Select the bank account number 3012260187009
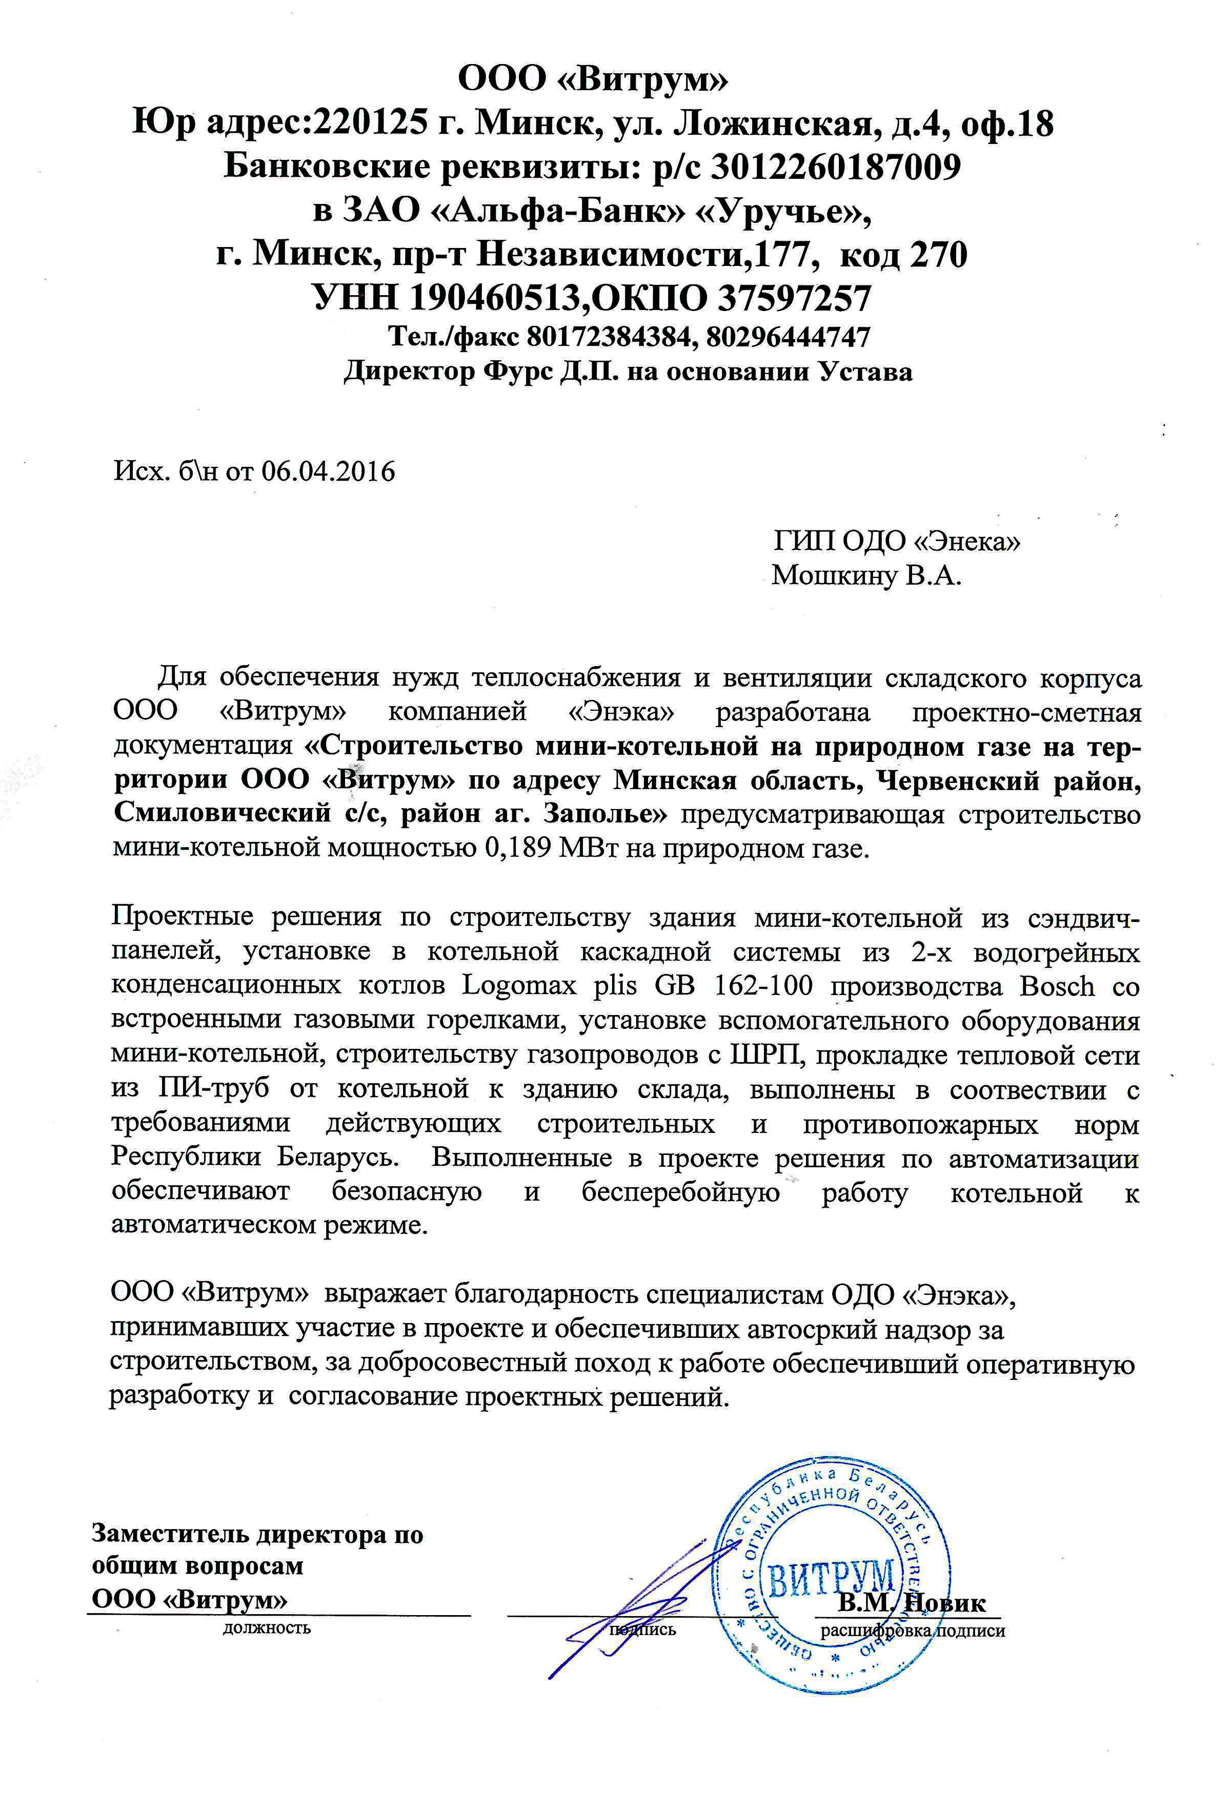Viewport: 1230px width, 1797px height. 836,167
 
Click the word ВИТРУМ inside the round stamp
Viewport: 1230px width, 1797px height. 831,1560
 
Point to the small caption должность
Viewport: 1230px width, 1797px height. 267,1627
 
